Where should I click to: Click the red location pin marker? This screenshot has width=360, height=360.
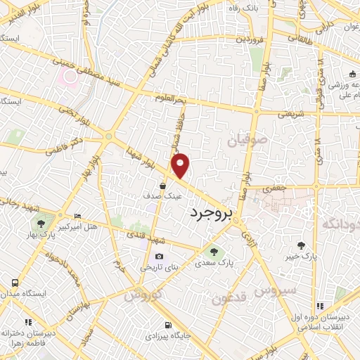(181, 165)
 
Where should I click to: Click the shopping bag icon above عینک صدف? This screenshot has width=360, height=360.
(163, 186)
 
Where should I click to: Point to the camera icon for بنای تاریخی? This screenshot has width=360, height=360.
(159, 256)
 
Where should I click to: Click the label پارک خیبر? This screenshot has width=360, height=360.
(302, 256)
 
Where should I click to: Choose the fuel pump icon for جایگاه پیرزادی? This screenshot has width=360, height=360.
(167, 325)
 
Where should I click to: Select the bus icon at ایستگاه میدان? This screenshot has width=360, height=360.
(15, 282)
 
